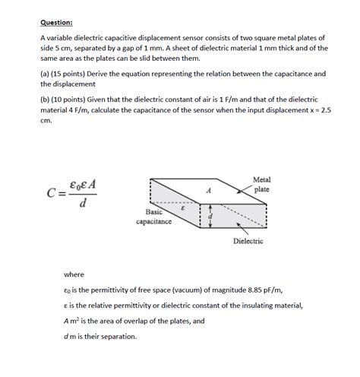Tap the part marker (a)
pyautogui.click(x=46, y=74)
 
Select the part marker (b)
pyautogui.click(x=46, y=100)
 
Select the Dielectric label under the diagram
pyautogui.click(x=248, y=241)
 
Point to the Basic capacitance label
pyautogui.click(x=153, y=217)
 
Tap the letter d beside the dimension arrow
pyautogui.click(x=211, y=218)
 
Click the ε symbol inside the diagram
pyautogui.click(x=182, y=207)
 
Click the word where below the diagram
pyautogui.click(x=74, y=274)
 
